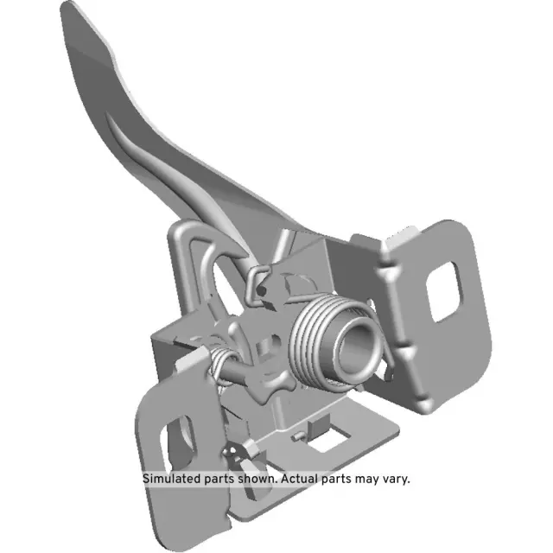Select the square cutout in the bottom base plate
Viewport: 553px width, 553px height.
point(326,442)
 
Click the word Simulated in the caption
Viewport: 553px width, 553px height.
point(172,478)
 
